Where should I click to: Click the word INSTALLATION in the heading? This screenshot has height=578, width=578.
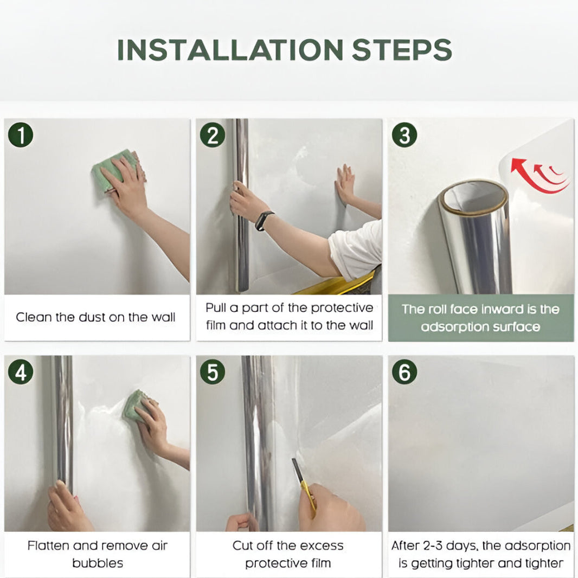point(230,50)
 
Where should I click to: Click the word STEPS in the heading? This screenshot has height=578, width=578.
point(402,50)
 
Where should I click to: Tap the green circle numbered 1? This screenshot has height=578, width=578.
point(21,135)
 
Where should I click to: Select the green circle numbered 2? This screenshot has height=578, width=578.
point(213,135)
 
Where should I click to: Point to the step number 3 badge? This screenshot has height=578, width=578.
point(404,135)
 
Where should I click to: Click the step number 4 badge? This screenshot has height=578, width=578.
point(21,372)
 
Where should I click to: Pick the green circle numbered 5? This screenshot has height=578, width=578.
point(213,372)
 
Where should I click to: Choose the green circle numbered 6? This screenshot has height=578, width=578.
point(404,372)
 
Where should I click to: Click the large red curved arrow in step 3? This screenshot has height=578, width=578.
point(531,177)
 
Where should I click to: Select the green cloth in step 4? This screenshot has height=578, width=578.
point(137,406)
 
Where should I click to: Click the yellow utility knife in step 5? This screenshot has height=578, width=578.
point(305,486)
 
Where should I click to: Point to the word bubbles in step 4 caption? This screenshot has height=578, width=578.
point(98,563)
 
